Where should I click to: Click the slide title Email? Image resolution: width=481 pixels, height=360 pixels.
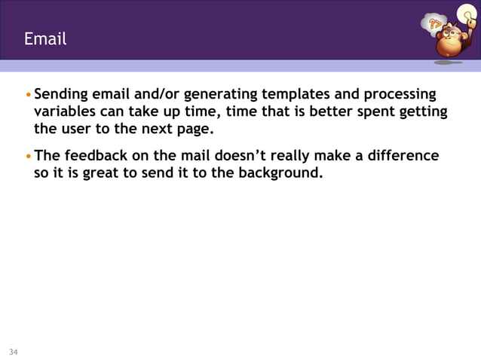[45, 38]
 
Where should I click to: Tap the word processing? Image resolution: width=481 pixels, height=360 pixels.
[398, 95]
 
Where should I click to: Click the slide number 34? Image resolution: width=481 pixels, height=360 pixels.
[13, 352]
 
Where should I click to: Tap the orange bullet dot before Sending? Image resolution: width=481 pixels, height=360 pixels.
[29, 96]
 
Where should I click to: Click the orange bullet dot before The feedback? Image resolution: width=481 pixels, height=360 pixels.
[29, 157]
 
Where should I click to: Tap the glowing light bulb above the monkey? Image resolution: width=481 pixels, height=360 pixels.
[467, 12]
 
